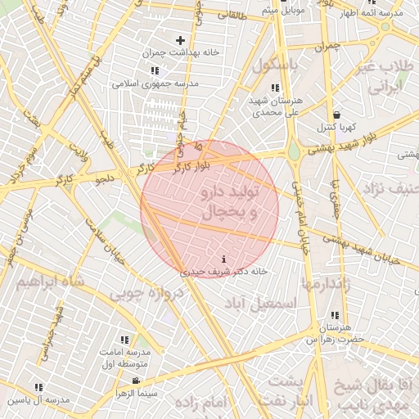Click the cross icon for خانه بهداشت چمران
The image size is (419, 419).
(x=181, y=40)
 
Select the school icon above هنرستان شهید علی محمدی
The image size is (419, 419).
(x=275, y=88)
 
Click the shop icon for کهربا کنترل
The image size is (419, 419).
(x=336, y=115)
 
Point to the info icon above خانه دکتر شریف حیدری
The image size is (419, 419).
(x=224, y=259)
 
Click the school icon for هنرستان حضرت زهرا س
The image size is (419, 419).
(x=334, y=316)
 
